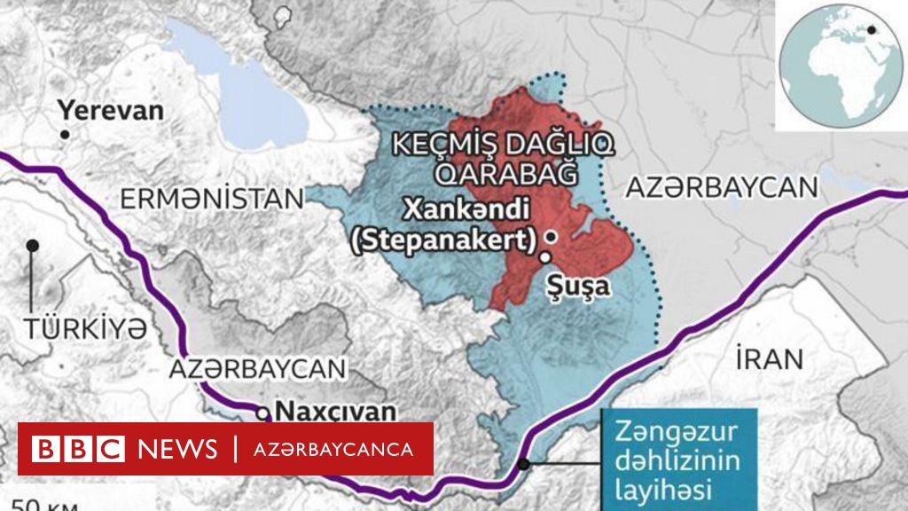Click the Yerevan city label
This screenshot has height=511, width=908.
[111, 110]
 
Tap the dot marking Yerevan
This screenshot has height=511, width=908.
[65, 134]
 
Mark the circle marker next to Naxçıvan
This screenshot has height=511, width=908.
[263, 413]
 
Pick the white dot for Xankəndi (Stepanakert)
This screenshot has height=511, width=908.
[552, 237]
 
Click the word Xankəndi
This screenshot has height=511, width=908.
[466, 209]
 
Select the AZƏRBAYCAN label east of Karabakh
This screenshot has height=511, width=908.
[720, 187]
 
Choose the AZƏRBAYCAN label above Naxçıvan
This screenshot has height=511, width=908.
[259, 369]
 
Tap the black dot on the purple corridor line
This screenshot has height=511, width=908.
[524, 463]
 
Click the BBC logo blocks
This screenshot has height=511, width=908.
[77, 449]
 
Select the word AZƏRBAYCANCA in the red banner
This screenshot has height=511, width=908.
[335, 449]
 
